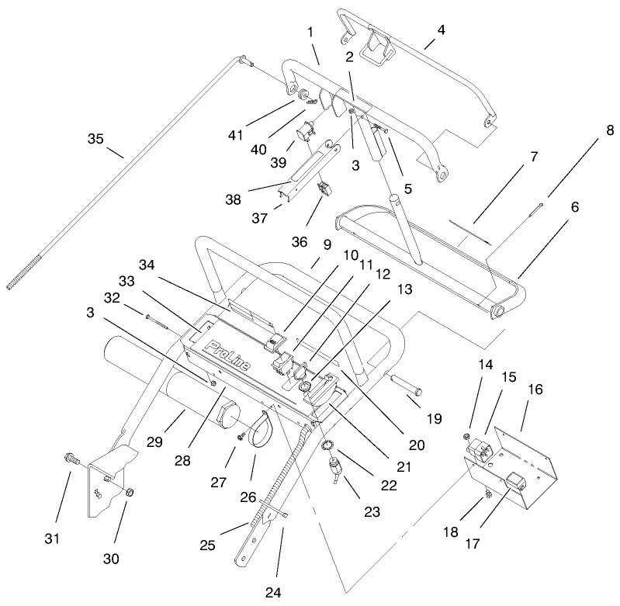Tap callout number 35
pos(95,139)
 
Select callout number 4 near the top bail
pos(441,30)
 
